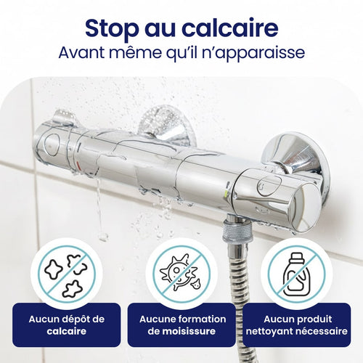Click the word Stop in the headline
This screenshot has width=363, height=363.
(x=112, y=29)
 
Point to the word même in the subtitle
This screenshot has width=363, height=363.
(x=134, y=52)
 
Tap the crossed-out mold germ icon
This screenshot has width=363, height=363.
(x=181, y=274)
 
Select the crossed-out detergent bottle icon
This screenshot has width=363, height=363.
(x=296, y=274)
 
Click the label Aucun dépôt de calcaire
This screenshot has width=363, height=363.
(x=67, y=325)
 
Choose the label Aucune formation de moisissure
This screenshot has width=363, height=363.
(x=183, y=325)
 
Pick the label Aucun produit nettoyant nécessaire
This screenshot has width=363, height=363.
(x=297, y=325)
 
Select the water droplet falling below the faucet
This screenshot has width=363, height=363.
(x=104, y=237)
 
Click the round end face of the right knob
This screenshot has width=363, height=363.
(x=306, y=208)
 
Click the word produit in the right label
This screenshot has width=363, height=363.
(x=314, y=319)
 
